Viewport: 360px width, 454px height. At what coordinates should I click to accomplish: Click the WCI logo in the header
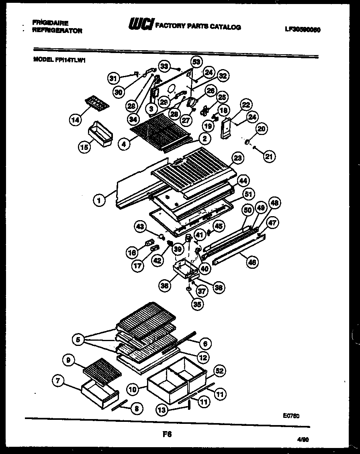140,25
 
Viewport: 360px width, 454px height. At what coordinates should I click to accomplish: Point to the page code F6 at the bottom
167,434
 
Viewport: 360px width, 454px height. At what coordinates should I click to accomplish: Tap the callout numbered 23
238,158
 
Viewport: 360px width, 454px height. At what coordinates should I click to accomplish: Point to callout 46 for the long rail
252,262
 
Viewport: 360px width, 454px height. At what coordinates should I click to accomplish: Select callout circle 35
196,304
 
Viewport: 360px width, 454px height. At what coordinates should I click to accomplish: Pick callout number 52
219,371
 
